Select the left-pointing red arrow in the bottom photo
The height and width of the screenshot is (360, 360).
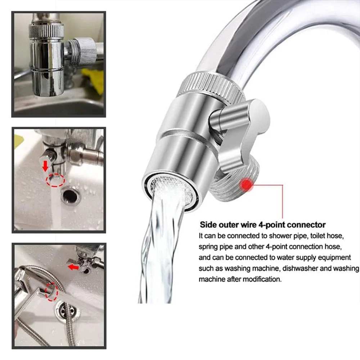click(73, 267)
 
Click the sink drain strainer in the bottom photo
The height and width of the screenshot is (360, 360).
click(65, 310)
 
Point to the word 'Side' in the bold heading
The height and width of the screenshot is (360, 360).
click(208, 225)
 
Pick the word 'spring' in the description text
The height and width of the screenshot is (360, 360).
click(207, 247)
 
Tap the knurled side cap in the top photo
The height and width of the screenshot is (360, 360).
click(86, 50)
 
